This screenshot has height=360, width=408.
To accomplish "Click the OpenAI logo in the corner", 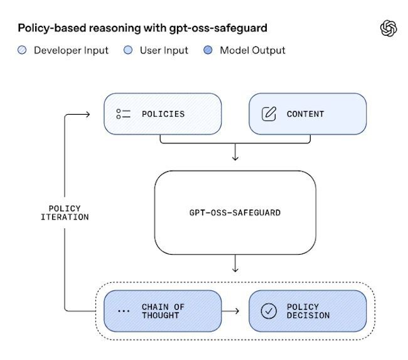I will [389, 29].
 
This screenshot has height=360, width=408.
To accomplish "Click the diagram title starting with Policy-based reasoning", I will [142, 28].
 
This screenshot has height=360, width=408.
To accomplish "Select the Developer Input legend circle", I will [23, 51].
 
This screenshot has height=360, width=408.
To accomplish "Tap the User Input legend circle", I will [129, 51].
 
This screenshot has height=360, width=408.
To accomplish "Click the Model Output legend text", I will [252, 51].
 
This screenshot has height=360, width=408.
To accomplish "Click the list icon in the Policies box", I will [123, 114].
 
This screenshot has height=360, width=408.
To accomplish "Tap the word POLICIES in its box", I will [163, 114].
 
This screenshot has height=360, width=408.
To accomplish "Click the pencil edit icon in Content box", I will [269, 114].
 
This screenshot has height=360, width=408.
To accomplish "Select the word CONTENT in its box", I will [306, 114].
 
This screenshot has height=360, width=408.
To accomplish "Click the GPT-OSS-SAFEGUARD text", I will [235, 213].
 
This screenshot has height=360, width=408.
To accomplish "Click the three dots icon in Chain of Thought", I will [124, 311].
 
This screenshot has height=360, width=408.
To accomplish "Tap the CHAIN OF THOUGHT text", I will [163, 311].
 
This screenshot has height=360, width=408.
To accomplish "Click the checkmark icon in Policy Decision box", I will [269, 311].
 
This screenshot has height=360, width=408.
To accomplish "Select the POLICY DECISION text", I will [308, 311].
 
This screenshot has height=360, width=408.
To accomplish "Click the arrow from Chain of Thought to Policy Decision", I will [232, 311].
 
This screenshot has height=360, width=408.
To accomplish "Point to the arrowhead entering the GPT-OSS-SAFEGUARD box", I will [235, 157].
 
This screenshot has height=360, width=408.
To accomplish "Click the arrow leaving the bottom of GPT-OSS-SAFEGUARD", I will [235, 263].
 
